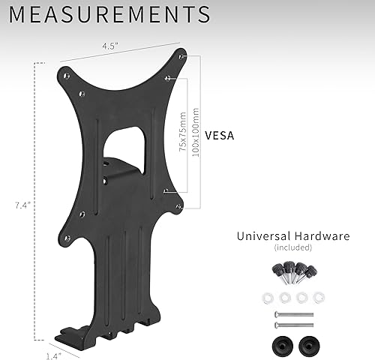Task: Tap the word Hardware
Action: [x=323, y=235]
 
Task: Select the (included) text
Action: [x=292, y=247]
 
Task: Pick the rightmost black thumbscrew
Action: [x=317, y=268]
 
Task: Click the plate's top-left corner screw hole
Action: [x=67, y=75]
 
